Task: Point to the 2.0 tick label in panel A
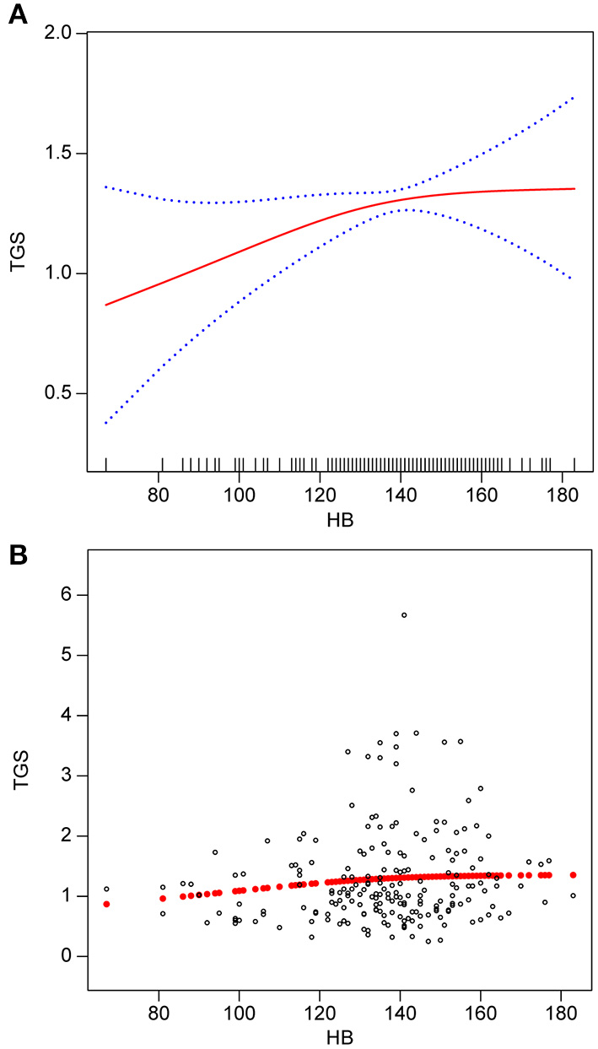tap(65, 34)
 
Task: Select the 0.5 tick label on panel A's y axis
tap(65, 394)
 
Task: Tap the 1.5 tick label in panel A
tap(65, 154)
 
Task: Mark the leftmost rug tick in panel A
tap(106, 463)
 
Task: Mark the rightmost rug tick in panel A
tap(574, 463)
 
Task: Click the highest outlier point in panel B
tap(404, 615)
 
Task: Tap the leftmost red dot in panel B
tap(106, 904)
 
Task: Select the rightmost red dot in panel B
tap(574, 875)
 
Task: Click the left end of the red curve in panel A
tap(106, 305)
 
